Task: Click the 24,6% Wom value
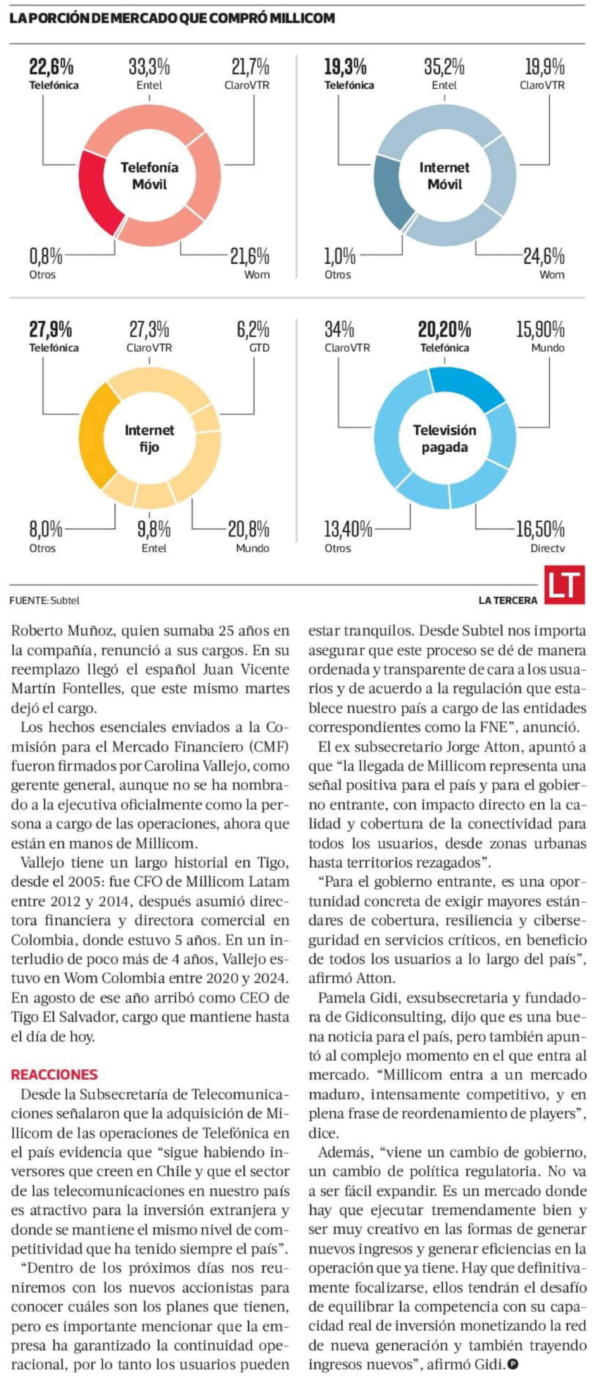(x=543, y=256)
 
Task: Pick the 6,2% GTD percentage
(x=253, y=330)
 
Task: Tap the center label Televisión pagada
(x=444, y=439)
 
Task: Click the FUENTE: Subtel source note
(x=45, y=601)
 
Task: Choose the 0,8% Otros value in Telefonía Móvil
(x=46, y=256)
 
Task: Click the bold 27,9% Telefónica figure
(x=51, y=330)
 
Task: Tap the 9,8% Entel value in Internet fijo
(x=154, y=529)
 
